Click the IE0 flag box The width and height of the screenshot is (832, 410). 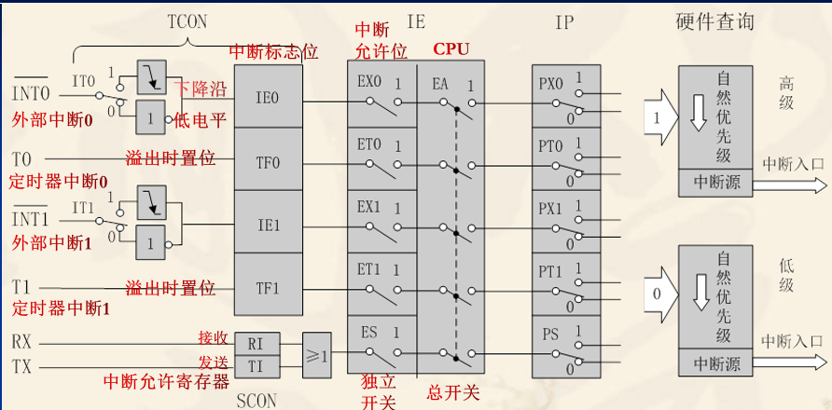click(x=268, y=96)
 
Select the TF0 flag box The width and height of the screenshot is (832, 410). click(x=268, y=160)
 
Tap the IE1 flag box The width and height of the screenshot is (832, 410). click(x=268, y=224)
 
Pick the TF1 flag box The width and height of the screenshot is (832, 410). click(x=268, y=287)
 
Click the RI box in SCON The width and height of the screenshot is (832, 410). click(x=254, y=344)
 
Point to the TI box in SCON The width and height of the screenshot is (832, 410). click(x=254, y=366)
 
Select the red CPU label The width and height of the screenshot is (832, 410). click(x=451, y=48)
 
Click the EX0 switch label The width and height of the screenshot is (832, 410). click(x=369, y=82)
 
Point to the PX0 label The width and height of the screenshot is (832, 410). click(x=552, y=82)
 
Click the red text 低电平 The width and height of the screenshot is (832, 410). click(x=201, y=118)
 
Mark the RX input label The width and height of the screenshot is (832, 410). click(x=21, y=343)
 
